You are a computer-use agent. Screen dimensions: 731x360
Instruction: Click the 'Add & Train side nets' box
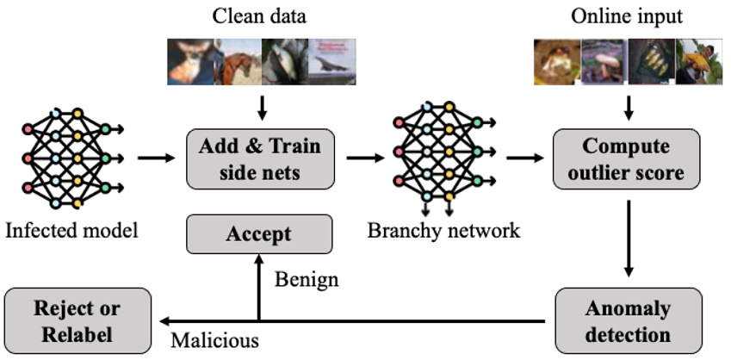click(261, 158)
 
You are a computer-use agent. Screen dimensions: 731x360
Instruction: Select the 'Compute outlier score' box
click(627, 158)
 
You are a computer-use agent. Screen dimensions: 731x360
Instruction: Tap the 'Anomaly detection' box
click(629, 321)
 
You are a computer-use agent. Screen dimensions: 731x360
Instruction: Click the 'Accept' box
click(259, 234)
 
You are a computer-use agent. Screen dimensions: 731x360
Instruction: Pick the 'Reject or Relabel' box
click(77, 321)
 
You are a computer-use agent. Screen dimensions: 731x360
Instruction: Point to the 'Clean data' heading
click(259, 16)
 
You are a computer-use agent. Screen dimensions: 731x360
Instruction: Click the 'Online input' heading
click(627, 16)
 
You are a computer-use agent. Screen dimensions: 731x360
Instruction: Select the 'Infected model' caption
click(71, 231)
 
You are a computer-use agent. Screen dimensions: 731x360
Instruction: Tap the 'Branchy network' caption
click(443, 231)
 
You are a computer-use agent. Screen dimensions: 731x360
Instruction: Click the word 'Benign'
click(307, 280)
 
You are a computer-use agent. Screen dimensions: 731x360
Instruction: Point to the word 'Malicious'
click(214, 340)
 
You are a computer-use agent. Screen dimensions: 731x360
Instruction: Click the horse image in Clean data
click(238, 61)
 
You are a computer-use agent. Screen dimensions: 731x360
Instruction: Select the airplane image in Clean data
click(332, 61)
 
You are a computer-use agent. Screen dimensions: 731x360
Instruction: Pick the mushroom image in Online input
click(604, 61)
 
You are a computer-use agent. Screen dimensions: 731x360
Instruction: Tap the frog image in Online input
click(558, 61)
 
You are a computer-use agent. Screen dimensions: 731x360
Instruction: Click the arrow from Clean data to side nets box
click(262, 108)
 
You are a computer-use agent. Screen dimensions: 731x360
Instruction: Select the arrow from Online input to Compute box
click(629, 108)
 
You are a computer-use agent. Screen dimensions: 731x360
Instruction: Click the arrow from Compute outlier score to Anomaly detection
click(629, 239)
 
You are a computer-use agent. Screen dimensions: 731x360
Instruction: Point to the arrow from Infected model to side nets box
click(156, 158)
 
